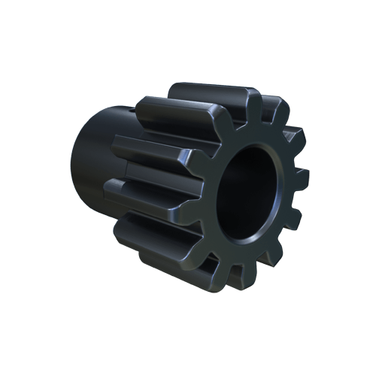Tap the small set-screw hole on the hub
pyautogui.click(x=136, y=110)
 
